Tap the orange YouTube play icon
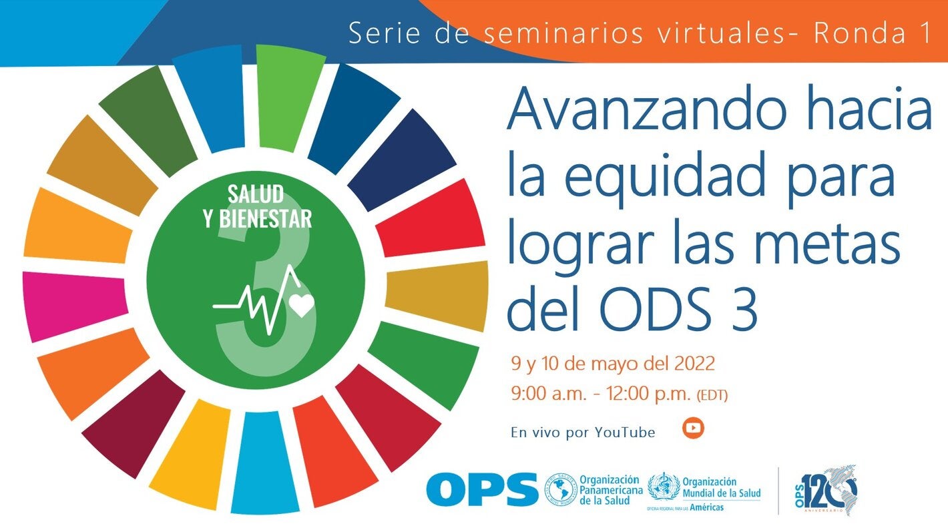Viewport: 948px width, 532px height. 694,428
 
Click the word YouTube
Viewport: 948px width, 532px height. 625,433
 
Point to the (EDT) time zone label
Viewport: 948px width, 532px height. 712,395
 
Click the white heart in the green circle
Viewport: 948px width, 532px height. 302,305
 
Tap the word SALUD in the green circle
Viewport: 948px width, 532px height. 256,194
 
